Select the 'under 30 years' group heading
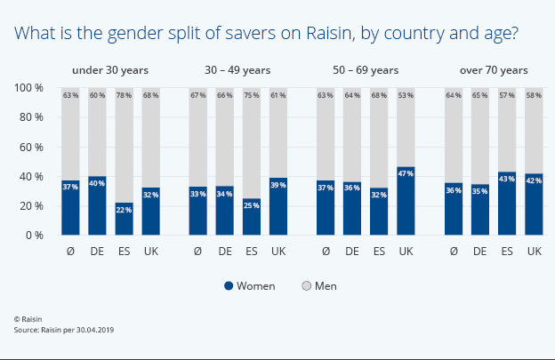pos(110,69)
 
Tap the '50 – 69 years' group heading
pos(366,69)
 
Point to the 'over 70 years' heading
pos(494,69)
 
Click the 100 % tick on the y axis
pos(29,88)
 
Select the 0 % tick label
pos(35,235)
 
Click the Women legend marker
pos(229,286)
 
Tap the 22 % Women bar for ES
pos(124,219)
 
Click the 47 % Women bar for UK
pos(406,201)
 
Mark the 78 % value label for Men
pos(124,95)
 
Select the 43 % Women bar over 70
pos(507,204)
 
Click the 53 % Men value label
pos(406,95)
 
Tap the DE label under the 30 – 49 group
pos(225,252)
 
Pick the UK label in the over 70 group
pos(534,252)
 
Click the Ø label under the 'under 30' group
pos(71,252)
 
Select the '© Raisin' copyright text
pos(28,317)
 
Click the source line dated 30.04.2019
pos(64,329)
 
